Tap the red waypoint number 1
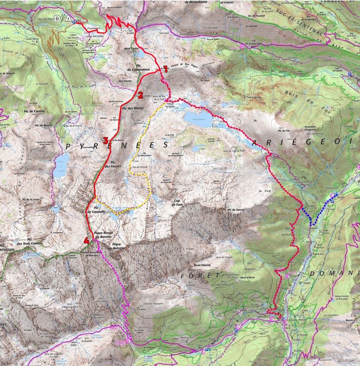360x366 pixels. (x=165, y=69)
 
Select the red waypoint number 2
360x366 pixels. (x=140, y=95)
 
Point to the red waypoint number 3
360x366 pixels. (x=105, y=140)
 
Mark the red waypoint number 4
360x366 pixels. (x=86, y=241)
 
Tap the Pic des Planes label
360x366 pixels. (x=133, y=108)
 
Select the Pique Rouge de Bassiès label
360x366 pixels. (x=105, y=234)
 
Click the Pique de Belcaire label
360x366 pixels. (x=117, y=246)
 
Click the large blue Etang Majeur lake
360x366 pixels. (x=197, y=115)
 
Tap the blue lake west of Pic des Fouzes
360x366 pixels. (x=60, y=167)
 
